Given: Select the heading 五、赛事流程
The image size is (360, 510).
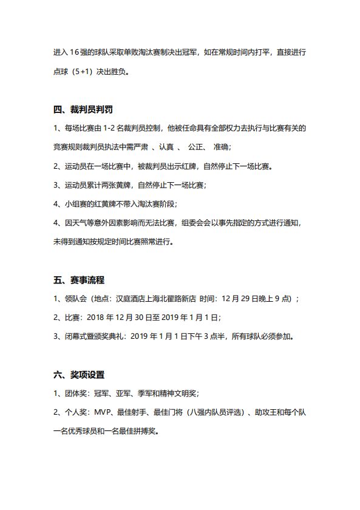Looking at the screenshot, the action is click(78, 280).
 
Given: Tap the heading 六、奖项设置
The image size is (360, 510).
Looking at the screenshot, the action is click(78, 375).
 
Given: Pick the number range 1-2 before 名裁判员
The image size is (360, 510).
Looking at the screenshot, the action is click(111, 128).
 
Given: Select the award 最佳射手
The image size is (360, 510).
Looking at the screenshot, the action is click(132, 412).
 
